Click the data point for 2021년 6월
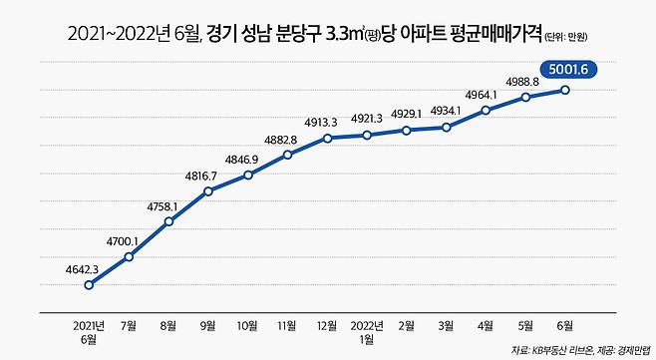click(90, 285)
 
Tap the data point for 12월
click(327, 138)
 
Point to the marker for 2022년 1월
click(367, 135)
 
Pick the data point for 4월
click(486, 110)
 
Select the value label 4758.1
click(162, 205)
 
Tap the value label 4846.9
click(242, 159)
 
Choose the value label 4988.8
click(525, 80)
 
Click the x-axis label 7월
click(129, 325)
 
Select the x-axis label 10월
click(248, 325)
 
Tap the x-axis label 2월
click(407, 325)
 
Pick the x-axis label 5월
click(525, 325)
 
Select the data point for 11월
click(287, 155)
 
